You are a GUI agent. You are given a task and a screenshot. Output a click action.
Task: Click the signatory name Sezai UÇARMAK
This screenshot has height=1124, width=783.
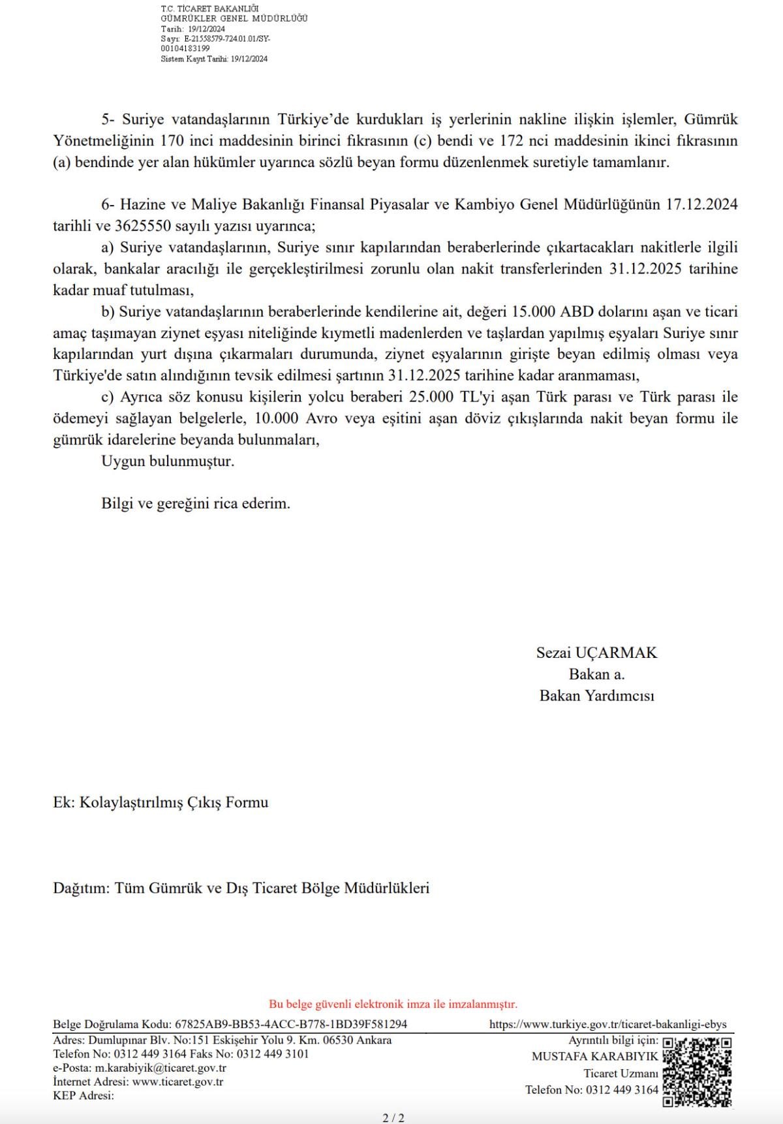pos(596,653)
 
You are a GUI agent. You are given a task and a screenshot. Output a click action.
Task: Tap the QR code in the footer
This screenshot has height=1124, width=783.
pos(696,1071)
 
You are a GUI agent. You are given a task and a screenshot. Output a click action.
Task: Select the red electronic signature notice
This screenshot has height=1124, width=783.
pos(393,1004)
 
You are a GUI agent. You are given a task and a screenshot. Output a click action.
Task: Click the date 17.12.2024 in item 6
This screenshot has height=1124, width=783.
pos(701,205)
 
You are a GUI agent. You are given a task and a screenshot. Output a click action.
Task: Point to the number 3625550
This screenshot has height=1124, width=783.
pos(143,226)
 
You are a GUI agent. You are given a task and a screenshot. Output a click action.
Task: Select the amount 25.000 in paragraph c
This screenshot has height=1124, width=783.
pos(433,398)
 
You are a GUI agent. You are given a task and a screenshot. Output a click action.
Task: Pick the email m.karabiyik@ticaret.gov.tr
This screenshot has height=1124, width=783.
pos(161,1069)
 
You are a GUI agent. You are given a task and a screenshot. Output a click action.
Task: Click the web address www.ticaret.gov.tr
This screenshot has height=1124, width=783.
pos(177,1082)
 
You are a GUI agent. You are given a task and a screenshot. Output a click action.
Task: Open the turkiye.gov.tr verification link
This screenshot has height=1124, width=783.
pos(607,1025)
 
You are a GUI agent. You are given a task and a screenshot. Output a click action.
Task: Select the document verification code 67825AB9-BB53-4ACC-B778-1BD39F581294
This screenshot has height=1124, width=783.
pos(291,1025)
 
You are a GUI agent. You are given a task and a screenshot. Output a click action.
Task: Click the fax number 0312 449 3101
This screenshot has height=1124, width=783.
pos(273,1054)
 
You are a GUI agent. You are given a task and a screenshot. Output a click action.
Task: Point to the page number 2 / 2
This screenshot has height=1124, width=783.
pos(393,1117)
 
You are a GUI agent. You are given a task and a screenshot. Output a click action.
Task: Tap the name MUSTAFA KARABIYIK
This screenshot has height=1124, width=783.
pos(594,1057)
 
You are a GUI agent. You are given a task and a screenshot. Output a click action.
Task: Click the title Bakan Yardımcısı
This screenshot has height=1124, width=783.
pos(596,696)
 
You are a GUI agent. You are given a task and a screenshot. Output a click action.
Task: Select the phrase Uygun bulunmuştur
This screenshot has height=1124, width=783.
pos(168,461)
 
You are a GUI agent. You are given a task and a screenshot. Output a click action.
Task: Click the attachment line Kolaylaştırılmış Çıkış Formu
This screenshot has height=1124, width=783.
pos(174,802)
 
